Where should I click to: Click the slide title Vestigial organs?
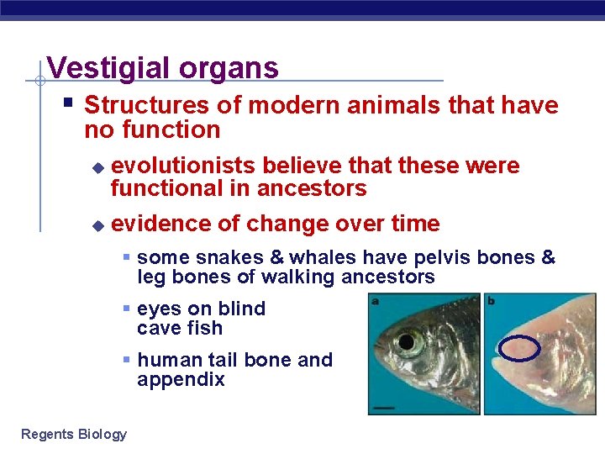(x=162, y=67)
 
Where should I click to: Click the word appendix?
(x=181, y=380)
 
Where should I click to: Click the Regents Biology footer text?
(x=74, y=434)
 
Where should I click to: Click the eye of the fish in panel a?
(x=410, y=341)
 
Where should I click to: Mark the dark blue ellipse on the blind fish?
(x=518, y=348)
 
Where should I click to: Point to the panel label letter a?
(x=375, y=300)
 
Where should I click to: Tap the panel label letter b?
(x=492, y=300)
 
